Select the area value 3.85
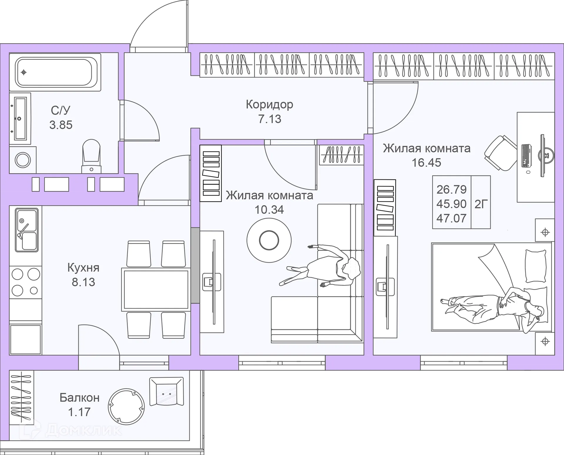click(61, 125)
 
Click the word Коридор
click(269, 105)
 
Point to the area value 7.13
click(270, 119)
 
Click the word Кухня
click(83, 268)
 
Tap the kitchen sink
click(27, 230)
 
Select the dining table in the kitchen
click(156, 289)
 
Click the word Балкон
click(80, 398)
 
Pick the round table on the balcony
click(126, 406)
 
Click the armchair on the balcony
click(167, 391)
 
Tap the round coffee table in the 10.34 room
click(269, 240)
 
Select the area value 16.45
click(427, 163)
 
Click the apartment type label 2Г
click(481, 204)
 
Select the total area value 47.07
click(451, 218)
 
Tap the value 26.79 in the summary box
click(451, 190)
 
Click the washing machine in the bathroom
click(23, 160)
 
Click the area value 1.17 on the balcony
click(79, 412)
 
